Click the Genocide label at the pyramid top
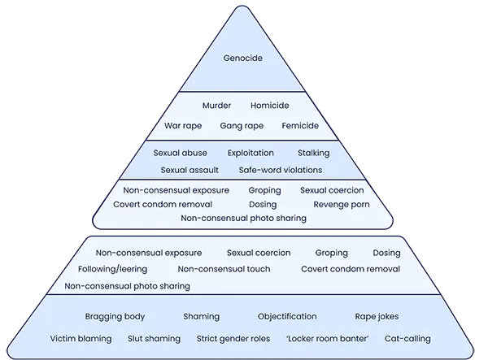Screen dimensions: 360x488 (x=243, y=59)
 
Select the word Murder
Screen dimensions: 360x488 (x=217, y=106)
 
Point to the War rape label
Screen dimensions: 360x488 (x=183, y=126)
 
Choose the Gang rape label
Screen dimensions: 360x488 (x=240, y=126)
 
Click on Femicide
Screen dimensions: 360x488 (x=300, y=126)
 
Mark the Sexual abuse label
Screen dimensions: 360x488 (x=180, y=153)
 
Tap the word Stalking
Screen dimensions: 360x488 (x=313, y=153)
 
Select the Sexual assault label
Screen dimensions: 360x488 (x=190, y=170)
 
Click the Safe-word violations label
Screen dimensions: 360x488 (x=280, y=170)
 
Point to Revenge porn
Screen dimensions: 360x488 (x=342, y=204)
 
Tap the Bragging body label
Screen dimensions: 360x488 (x=115, y=316)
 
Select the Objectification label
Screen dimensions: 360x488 (x=287, y=316)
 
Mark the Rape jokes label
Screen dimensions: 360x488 (x=378, y=316)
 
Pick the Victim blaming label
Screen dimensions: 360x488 (x=81, y=338)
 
